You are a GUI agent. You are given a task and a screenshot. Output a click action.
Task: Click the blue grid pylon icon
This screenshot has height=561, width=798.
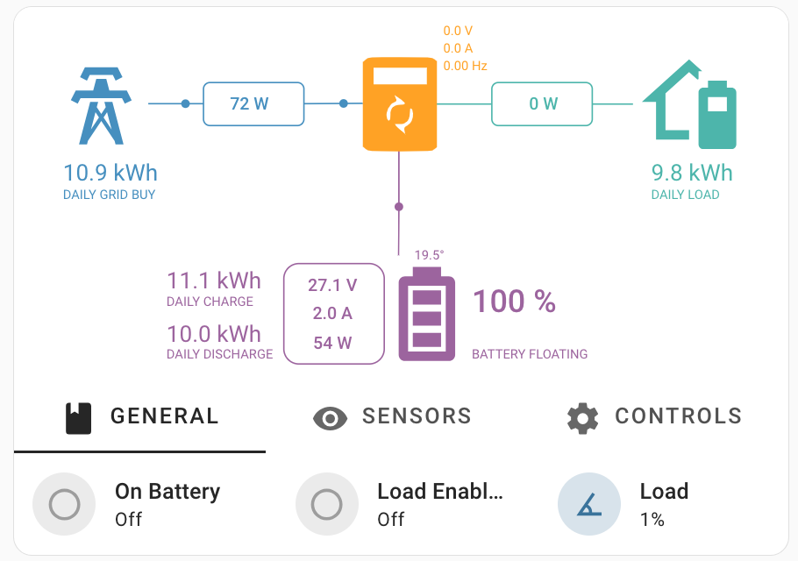pyautogui.click(x=103, y=106)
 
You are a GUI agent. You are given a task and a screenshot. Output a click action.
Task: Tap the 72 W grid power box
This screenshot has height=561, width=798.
pyautogui.click(x=253, y=104)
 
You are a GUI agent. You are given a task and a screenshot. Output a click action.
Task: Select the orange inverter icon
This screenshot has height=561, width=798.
pyautogui.click(x=400, y=104)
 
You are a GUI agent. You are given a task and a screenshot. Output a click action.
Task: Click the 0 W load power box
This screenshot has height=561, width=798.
pyautogui.click(x=542, y=104)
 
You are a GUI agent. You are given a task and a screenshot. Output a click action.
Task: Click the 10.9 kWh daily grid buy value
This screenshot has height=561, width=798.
pyautogui.click(x=110, y=173)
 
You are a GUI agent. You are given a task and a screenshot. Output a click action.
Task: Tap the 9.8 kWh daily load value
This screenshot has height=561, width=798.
pyautogui.click(x=691, y=173)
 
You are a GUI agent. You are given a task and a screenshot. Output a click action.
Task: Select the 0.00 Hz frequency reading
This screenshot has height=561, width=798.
pyautogui.click(x=465, y=66)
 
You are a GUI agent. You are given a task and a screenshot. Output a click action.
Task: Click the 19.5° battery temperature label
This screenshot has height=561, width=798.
pyautogui.click(x=429, y=255)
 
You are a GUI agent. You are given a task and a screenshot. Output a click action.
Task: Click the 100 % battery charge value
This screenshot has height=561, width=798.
pyautogui.click(x=515, y=302)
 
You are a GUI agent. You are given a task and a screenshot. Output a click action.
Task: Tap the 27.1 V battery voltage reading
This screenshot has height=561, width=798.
pyautogui.click(x=333, y=285)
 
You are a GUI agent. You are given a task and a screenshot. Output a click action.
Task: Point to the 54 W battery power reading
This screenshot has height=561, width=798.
pyautogui.click(x=333, y=343)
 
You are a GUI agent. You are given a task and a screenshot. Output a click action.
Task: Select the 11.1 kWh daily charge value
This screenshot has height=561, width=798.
pyautogui.click(x=214, y=280)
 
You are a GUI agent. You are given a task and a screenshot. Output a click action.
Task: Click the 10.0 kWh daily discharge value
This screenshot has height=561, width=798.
pyautogui.click(x=214, y=334)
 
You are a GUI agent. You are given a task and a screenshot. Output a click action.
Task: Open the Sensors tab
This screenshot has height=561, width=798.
pyautogui.click(x=393, y=416)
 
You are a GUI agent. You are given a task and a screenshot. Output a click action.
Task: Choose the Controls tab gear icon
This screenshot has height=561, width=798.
pyautogui.click(x=582, y=417)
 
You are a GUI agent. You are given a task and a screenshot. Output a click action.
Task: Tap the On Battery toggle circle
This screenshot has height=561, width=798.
pyautogui.click(x=64, y=504)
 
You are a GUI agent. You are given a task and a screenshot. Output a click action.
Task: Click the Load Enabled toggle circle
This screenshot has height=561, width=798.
pyautogui.click(x=327, y=504)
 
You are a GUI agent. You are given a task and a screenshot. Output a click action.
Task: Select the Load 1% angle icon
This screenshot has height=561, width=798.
pyautogui.click(x=589, y=504)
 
